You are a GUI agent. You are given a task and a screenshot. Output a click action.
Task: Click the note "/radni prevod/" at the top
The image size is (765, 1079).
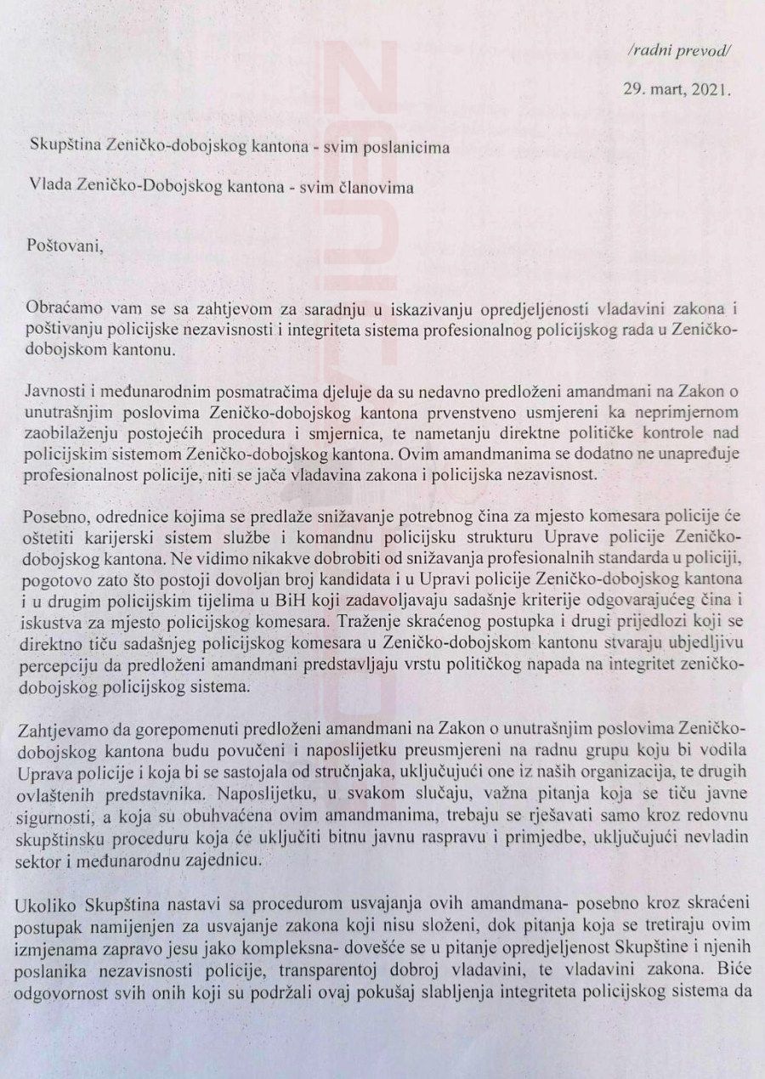[x=677, y=50]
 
